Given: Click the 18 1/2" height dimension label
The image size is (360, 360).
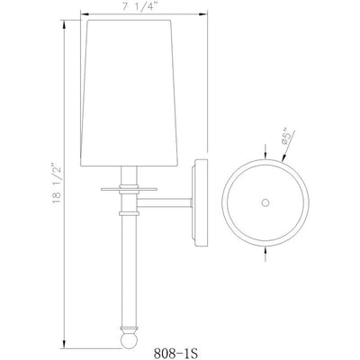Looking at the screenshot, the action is coord(57,184).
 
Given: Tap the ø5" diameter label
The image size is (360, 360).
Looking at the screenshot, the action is coord(286,138).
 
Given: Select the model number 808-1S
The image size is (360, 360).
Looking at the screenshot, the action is coord(176,353).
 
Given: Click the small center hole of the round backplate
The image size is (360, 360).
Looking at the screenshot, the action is coord(265,202).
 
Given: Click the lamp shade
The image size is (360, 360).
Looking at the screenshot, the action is coord(129,93).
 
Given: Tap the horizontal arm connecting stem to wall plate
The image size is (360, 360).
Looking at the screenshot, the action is coord(165,202).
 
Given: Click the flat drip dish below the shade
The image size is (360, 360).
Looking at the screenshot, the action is coord(129,189).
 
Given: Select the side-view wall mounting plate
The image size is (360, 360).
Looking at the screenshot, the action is coord(200,202).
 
